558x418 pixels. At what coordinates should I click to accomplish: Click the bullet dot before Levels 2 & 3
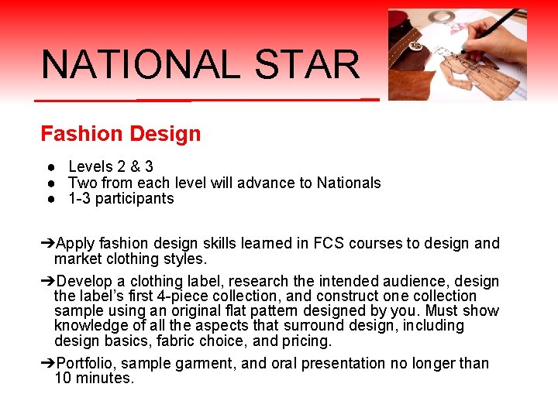click(48, 166)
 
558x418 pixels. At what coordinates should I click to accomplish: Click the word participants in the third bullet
click(133, 199)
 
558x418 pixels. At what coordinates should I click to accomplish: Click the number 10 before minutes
click(62, 379)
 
